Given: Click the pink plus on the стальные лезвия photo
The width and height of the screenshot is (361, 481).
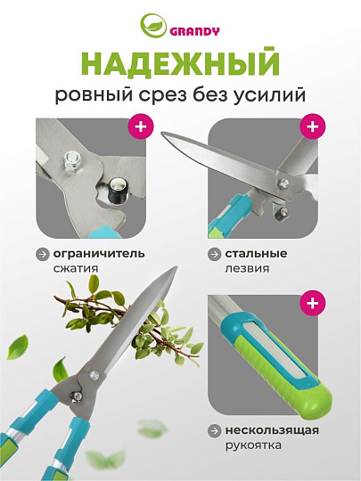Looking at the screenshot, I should click(312, 126).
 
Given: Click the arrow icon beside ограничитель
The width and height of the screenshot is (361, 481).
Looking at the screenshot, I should click(43, 253).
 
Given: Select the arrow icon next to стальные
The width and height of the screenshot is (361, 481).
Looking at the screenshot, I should click(216, 253).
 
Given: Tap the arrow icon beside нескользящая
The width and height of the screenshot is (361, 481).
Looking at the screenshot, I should click(216, 430).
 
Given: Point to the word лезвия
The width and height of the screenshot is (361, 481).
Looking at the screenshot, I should click(246, 267).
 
